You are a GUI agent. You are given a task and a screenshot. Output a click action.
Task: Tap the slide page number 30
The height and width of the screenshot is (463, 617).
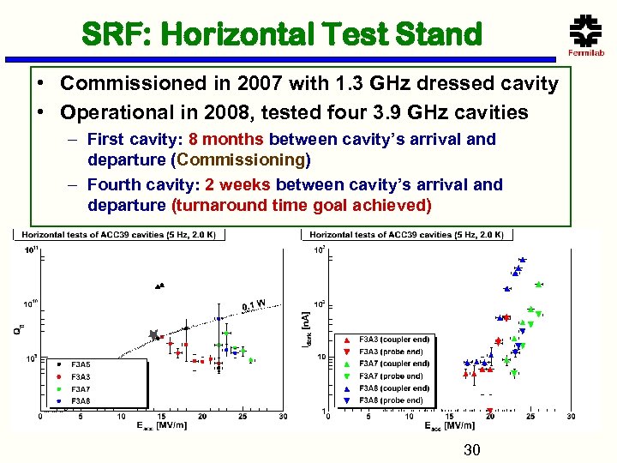[471, 451]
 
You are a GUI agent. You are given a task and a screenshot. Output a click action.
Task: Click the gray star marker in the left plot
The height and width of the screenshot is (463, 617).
[154, 335]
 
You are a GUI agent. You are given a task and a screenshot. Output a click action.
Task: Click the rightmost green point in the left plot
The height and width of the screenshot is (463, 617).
[251, 360]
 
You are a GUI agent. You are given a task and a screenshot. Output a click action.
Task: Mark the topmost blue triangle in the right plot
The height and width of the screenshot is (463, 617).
[522, 259]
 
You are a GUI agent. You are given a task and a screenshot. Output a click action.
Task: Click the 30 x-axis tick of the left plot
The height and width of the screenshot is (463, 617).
[283, 418]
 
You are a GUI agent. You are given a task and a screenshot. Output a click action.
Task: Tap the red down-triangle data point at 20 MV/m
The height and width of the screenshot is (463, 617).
[489, 410]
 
